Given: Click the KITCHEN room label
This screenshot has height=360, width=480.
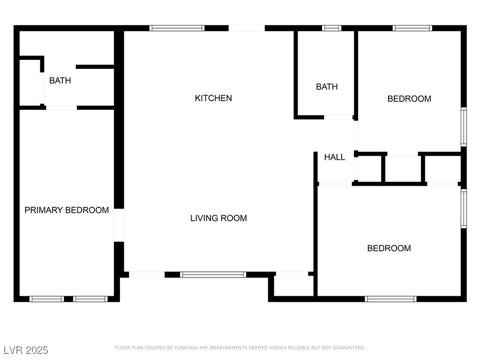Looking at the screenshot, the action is click(x=213, y=98).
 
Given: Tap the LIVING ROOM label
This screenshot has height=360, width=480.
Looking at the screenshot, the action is click(x=218, y=218).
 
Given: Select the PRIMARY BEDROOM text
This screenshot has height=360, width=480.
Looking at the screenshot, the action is click(x=67, y=210).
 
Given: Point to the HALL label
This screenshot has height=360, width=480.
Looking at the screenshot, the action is click(x=335, y=157).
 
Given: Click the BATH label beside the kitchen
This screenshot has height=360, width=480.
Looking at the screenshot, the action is click(x=327, y=87).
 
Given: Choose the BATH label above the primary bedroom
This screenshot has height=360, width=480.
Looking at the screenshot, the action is click(x=60, y=81).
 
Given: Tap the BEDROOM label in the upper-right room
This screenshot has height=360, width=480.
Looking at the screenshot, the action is click(x=409, y=99).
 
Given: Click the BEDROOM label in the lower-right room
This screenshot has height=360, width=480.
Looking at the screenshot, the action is click(x=389, y=248).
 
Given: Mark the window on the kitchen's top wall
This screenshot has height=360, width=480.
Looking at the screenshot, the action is click(x=177, y=28).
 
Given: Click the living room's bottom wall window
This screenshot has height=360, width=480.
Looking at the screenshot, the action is click(x=213, y=275).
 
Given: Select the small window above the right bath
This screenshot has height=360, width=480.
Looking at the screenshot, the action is click(x=331, y=28).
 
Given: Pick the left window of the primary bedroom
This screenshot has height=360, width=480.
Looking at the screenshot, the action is click(x=46, y=299).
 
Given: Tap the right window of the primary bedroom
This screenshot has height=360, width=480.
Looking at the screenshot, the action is click(x=90, y=299).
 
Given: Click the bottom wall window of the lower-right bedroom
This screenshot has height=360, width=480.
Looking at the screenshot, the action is click(x=390, y=299).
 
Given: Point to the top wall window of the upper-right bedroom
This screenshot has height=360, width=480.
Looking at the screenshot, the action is click(x=412, y=28).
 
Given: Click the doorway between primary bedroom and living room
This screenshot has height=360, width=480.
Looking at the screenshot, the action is click(x=119, y=225).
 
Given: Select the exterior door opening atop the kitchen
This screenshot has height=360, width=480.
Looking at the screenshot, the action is click(x=247, y=28).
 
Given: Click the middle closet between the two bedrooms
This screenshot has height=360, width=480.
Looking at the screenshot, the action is click(x=403, y=169).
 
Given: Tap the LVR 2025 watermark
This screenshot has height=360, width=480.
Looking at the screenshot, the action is click(x=26, y=350).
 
